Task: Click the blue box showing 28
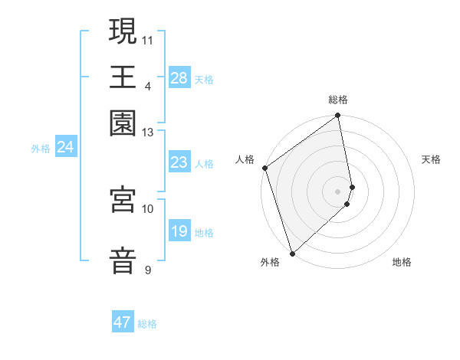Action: click(x=179, y=78)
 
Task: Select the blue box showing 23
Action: click(x=179, y=162)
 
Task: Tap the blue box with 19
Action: click(x=179, y=231)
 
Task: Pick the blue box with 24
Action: click(x=66, y=147)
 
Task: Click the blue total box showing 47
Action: click(x=123, y=322)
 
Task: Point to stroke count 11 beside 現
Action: click(x=147, y=38)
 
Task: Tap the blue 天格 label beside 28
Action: click(x=204, y=79)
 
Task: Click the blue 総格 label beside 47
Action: click(x=147, y=324)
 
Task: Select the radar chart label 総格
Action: click(x=338, y=100)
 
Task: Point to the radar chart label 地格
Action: click(x=402, y=262)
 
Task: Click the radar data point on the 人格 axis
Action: click(x=264, y=168)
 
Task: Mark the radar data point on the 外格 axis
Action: click(x=292, y=253)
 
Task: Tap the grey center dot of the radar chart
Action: click(x=338, y=191)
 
